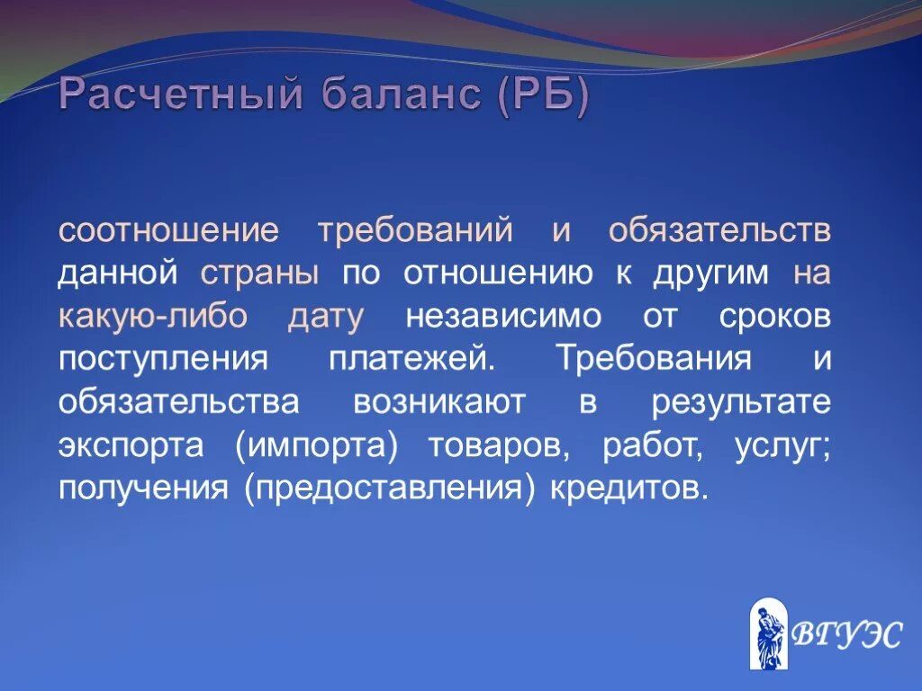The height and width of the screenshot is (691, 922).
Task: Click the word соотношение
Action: pyautogui.click(x=169, y=229)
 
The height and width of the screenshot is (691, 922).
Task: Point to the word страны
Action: pyautogui.click(x=259, y=274)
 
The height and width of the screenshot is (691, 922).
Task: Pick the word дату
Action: pyautogui.click(x=326, y=317)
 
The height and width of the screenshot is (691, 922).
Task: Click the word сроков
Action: pyautogui.click(x=775, y=317)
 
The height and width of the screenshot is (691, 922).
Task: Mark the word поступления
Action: pyautogui.click(x=163, y=360)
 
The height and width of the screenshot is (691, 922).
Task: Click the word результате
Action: pyautogui.click(x=741, y=402)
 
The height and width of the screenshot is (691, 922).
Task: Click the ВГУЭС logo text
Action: pyautogui.click(x=845, y=635)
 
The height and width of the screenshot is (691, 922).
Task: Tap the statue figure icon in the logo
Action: pyautogui.click(x=768, y=635)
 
